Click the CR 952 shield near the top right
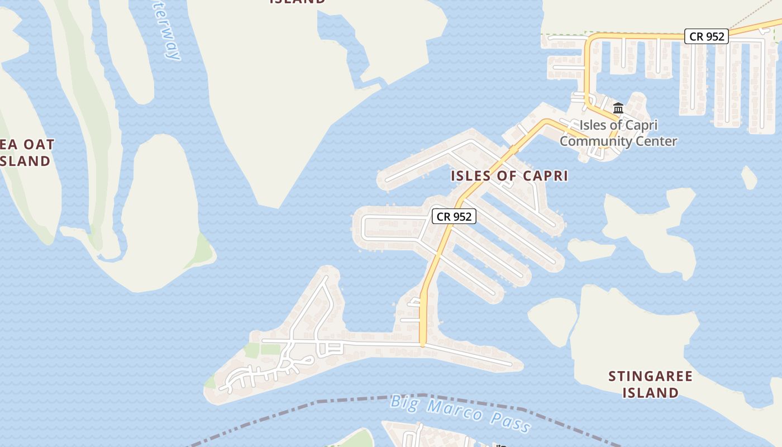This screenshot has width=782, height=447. coord(707,36)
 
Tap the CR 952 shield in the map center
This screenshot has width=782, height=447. coord(454,216)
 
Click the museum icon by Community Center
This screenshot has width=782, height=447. coord(618,108)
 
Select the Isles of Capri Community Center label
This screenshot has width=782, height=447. coord(618,133)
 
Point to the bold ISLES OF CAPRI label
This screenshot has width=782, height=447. coord(509,176)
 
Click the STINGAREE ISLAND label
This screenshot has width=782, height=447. coord(651,384)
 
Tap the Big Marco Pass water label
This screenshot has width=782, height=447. coord(461,413)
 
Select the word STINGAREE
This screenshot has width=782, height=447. coord(651,376)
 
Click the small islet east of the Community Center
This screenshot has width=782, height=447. coord(749,178)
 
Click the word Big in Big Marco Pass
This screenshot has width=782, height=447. coord(404,402)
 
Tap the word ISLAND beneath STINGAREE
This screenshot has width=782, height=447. coord(651,393)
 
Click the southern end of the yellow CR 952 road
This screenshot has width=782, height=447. coord(423,342)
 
